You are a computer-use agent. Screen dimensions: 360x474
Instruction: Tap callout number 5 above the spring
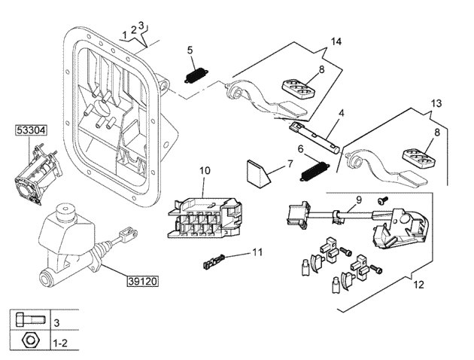[190, 50]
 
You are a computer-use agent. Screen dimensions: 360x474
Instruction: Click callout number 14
[336, 43]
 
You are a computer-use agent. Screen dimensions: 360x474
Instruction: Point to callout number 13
[437, 103]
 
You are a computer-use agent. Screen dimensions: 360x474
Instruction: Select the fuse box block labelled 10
[204, 218]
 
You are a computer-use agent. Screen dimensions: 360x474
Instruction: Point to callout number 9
[359, 200]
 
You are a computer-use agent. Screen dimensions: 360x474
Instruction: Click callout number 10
[205, 172]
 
